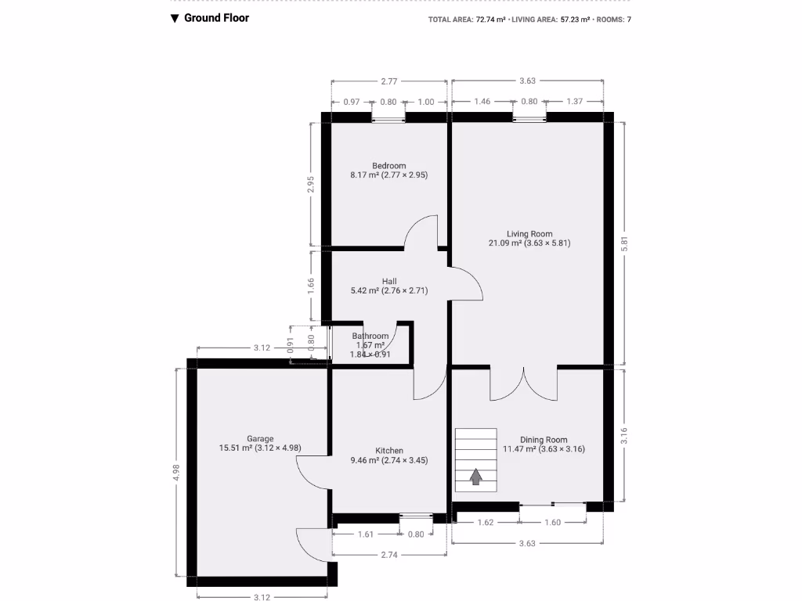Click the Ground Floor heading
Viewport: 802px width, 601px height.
click(216, 18)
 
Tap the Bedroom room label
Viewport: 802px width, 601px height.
click(389, 166)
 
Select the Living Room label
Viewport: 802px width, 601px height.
click(529, 234)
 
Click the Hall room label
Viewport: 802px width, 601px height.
click(389, 281)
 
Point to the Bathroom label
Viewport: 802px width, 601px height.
click(370, 336)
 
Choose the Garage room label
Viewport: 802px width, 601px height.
click(260, 439)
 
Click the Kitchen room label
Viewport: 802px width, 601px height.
click(389, 451)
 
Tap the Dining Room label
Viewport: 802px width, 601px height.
click(544, 440)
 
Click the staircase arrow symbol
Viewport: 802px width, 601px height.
click(475, 477)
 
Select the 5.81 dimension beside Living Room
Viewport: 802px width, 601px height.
click(625, 243)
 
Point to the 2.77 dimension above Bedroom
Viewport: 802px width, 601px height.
click(389, 81)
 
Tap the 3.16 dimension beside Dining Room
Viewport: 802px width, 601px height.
click(625, 436)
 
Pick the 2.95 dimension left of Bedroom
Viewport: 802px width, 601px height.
click(312, 185)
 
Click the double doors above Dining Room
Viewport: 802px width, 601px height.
click(524, 383)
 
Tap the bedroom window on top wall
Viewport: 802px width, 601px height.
click(388, 118)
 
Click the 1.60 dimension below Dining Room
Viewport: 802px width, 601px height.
click(552, 522)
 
